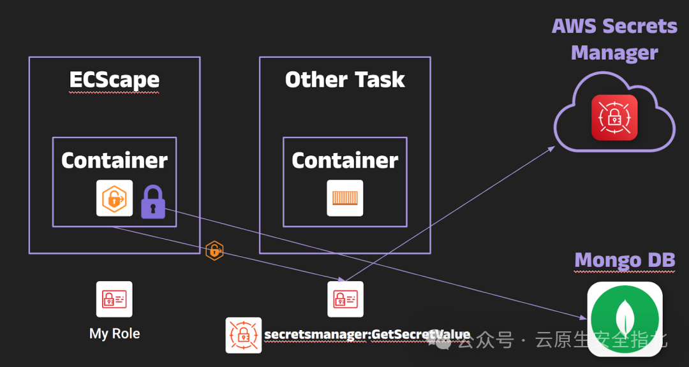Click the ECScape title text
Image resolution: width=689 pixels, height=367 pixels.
coord(114,80)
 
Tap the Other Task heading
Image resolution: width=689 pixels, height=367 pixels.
coord(344,80)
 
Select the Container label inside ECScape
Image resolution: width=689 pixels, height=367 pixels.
coord(114,161)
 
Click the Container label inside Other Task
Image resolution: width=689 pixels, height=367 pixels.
coord(344,161)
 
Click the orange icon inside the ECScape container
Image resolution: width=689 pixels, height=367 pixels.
coord(115,198)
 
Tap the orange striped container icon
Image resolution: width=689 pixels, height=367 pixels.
coord(345,198)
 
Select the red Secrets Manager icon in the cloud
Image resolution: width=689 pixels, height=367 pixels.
coord(614,117)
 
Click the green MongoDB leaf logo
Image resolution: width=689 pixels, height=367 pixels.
coord(625,317)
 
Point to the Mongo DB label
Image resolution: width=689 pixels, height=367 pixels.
coord(625,260)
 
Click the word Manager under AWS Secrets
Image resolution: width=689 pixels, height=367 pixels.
coord(614,52)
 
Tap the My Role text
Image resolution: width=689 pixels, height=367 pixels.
coord(115,333)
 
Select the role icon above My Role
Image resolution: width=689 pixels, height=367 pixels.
coord(115,299)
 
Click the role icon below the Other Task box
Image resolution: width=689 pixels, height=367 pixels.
coord(345,299)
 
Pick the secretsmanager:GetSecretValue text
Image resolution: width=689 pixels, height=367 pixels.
coord(367,335)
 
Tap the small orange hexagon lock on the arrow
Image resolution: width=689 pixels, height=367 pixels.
coord(214,251)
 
